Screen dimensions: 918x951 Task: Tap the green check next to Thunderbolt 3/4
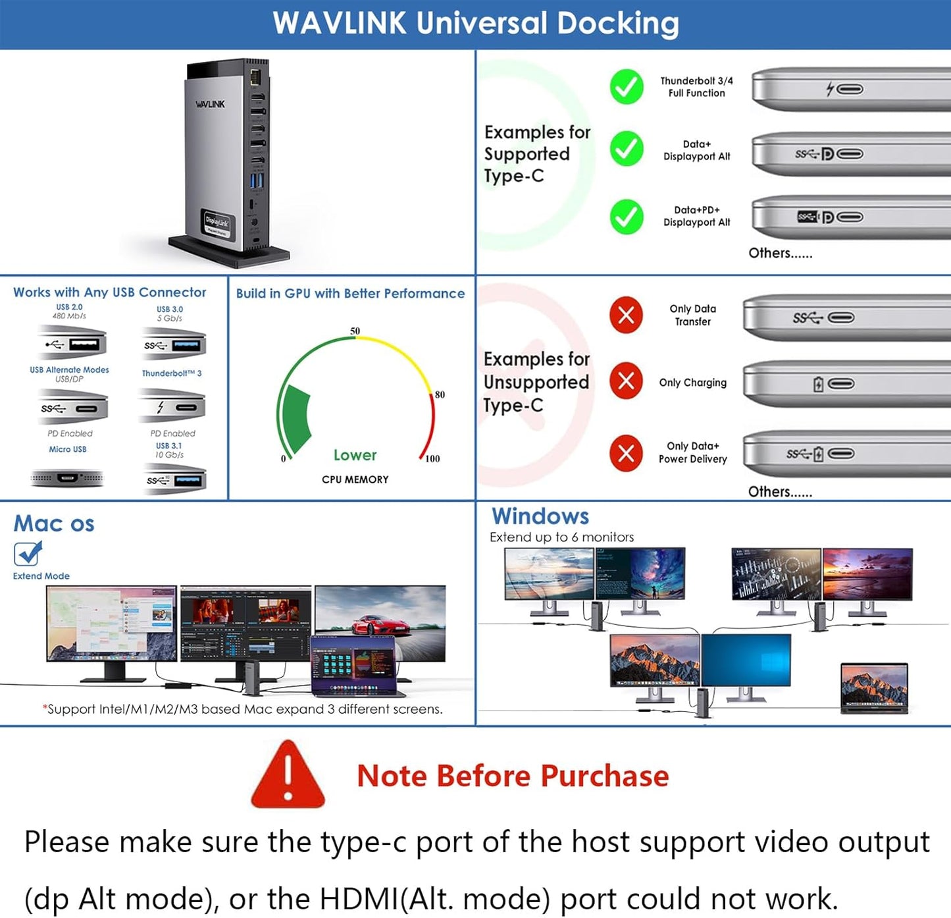(x=627, y=87)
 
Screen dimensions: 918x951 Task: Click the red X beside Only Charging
(x=626, y=381)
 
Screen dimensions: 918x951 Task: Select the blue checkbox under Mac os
(x=28, y=554)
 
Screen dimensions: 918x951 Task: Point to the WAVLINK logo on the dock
(x=210, y=104)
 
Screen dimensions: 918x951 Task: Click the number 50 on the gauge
(x=355, y=331)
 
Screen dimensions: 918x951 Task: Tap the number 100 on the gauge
(x=432, y=458)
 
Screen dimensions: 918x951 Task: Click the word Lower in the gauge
(x=355, y=455)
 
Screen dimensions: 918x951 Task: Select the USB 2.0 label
(x=69, y=307)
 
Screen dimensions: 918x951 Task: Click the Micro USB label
(x=67, y=449)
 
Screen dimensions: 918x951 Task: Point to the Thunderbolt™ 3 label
(x=172, y=373)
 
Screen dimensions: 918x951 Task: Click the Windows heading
(x=540, y=516)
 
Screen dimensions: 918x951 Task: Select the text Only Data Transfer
(x=692, y=315)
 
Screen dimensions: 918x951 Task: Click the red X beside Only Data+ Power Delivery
(x=626, y=453)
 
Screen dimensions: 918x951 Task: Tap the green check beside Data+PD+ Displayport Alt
(x=627, y=217)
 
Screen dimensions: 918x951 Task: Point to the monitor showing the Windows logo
(x=746, y=661)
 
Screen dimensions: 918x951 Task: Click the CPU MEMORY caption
(x=355, y=479)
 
